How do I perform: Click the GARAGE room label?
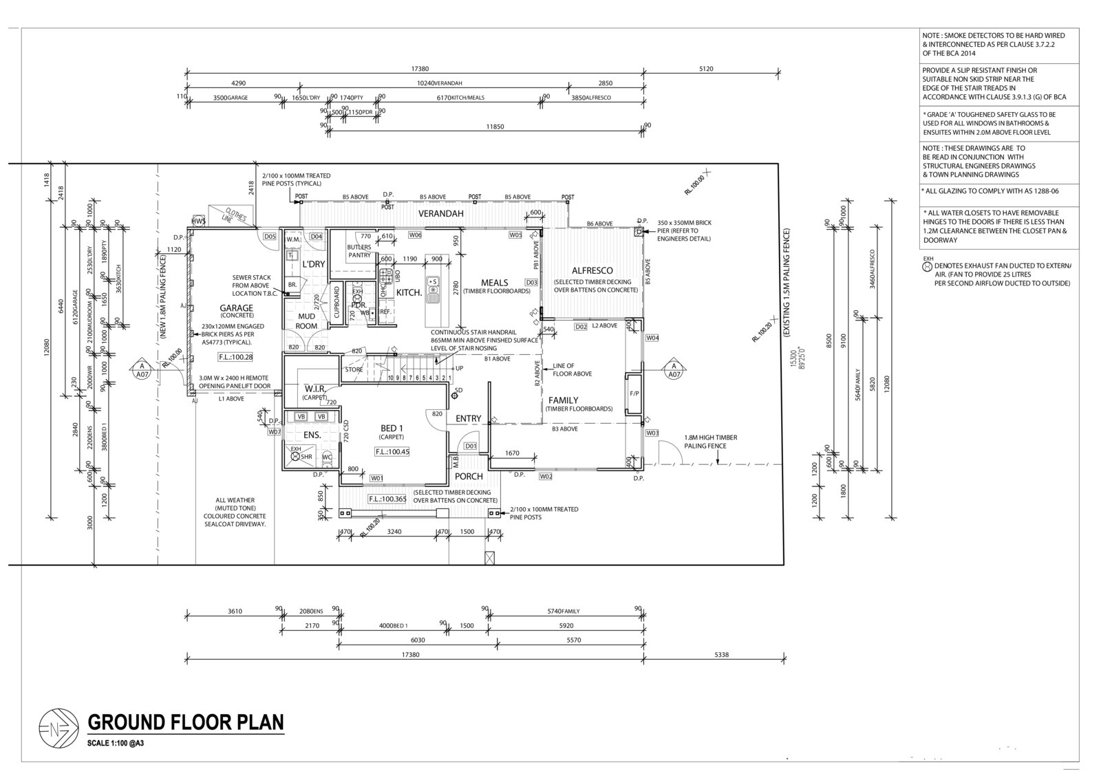tap(236, 308)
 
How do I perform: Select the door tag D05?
tap(270, 237)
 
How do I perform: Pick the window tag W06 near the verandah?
tap(415, 235)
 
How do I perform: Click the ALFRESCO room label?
tap(592, 270)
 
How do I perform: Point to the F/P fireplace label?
tap(634, 393)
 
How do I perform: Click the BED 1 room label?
tap(392, 429)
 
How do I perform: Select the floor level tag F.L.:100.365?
tap(385, 499)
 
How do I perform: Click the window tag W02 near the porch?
tap(546, 476)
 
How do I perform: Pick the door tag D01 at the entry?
tap(470, 446)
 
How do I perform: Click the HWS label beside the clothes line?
tap(198, 221)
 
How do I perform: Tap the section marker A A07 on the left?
tap(142, 369)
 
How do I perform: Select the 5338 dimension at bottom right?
tap(721, 655)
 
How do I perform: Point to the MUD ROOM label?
tap(306, 321)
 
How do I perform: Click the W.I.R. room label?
tap(314, 390)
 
